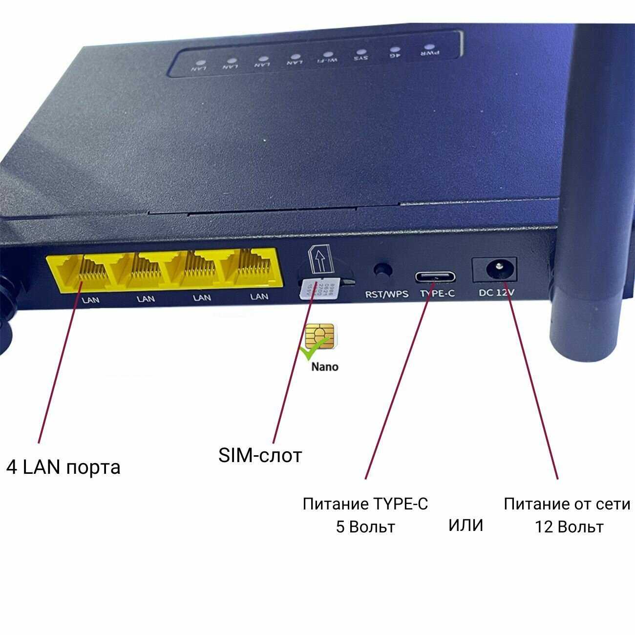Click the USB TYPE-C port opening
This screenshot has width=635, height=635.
point(435,276)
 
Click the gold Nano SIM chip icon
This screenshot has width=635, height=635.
point(320,336)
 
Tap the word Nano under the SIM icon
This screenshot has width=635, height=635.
point(324,366)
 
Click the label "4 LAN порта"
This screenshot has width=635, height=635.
point(63,467)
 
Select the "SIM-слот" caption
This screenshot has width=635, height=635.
point(260,455)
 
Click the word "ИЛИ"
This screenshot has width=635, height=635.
point(466,526)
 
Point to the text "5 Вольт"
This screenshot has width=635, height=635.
point(365,527)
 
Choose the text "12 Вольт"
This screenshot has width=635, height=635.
point(569,527)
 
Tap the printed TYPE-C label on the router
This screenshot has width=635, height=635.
point(437,294)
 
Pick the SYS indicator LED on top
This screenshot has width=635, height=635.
point(360,51)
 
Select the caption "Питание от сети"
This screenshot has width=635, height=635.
point(567,504)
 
